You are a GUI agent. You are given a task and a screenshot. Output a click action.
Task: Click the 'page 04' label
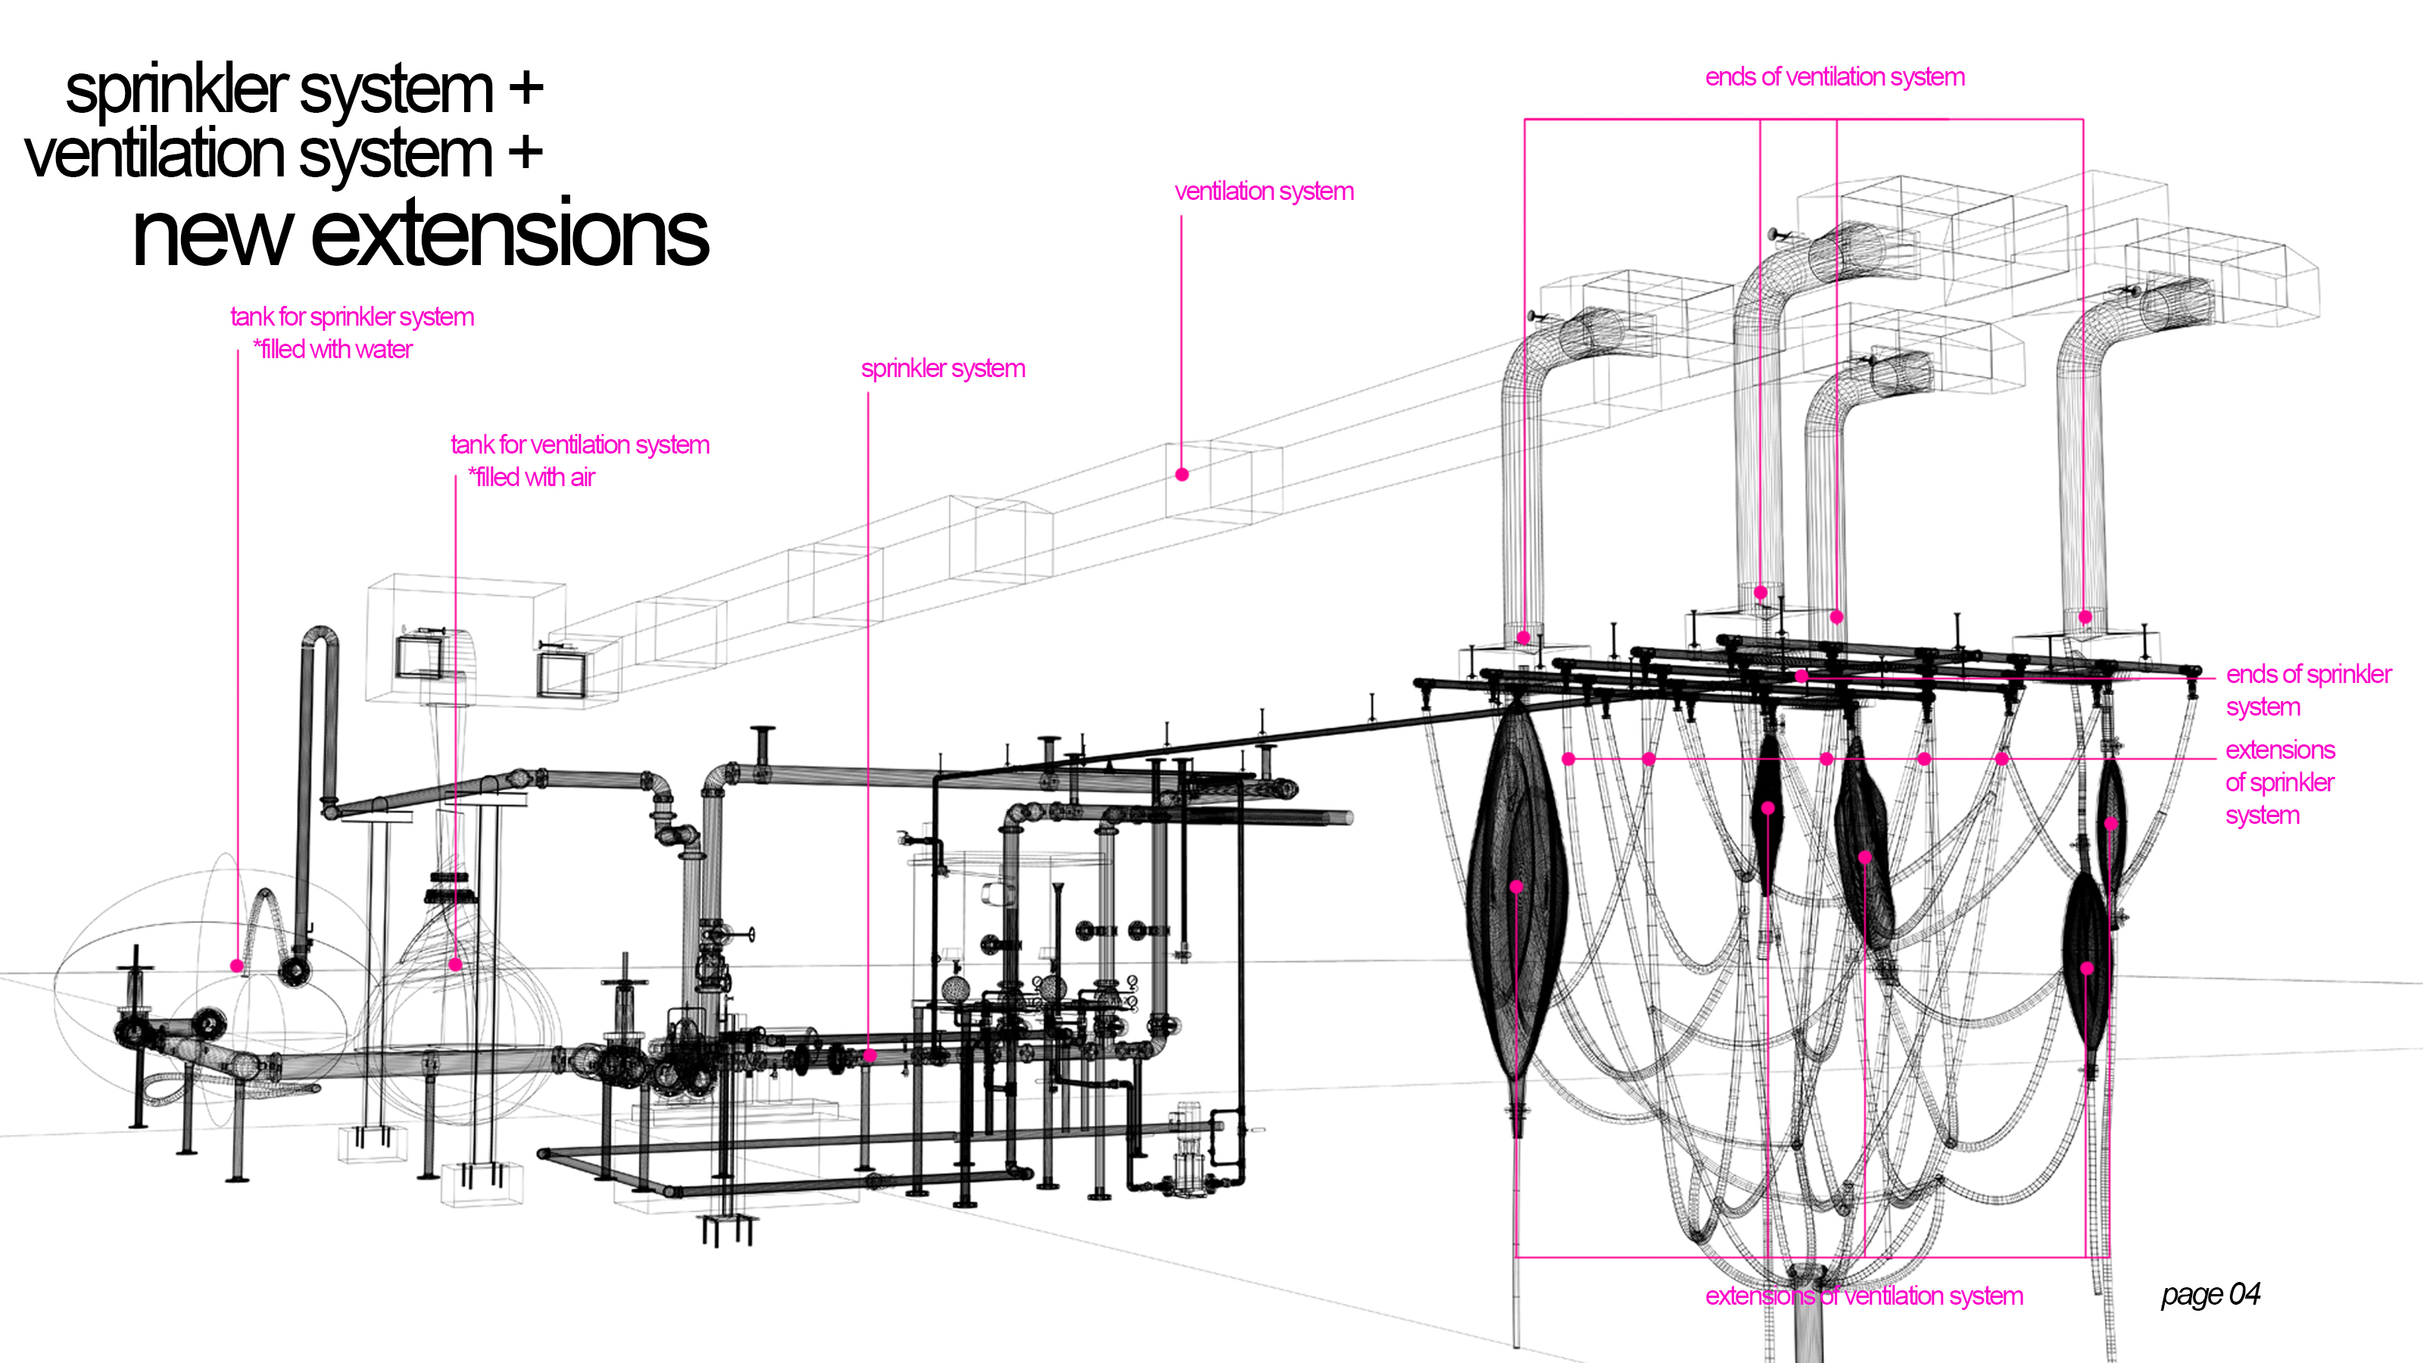2209,1294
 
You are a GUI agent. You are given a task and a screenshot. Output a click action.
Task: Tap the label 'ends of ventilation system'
1834,77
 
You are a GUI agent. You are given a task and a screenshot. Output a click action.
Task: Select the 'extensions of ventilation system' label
1863,1296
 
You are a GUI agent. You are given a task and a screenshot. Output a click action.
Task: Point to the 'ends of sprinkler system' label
2307,690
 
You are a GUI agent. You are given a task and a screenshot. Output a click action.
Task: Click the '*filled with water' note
332,349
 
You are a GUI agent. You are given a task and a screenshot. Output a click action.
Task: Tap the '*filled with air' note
532,477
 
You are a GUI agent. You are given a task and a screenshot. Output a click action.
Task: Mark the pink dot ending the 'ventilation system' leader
1181,474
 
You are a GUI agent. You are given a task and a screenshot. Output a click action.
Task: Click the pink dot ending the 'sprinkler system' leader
869,1056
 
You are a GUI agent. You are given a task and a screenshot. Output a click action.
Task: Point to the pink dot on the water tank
237,965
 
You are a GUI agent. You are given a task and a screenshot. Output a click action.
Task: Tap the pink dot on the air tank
456,964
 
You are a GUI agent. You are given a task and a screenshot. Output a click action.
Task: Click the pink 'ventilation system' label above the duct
1263,191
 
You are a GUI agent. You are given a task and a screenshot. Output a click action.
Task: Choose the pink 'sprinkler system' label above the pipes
943,368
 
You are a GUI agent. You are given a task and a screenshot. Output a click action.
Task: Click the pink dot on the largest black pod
1516,886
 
